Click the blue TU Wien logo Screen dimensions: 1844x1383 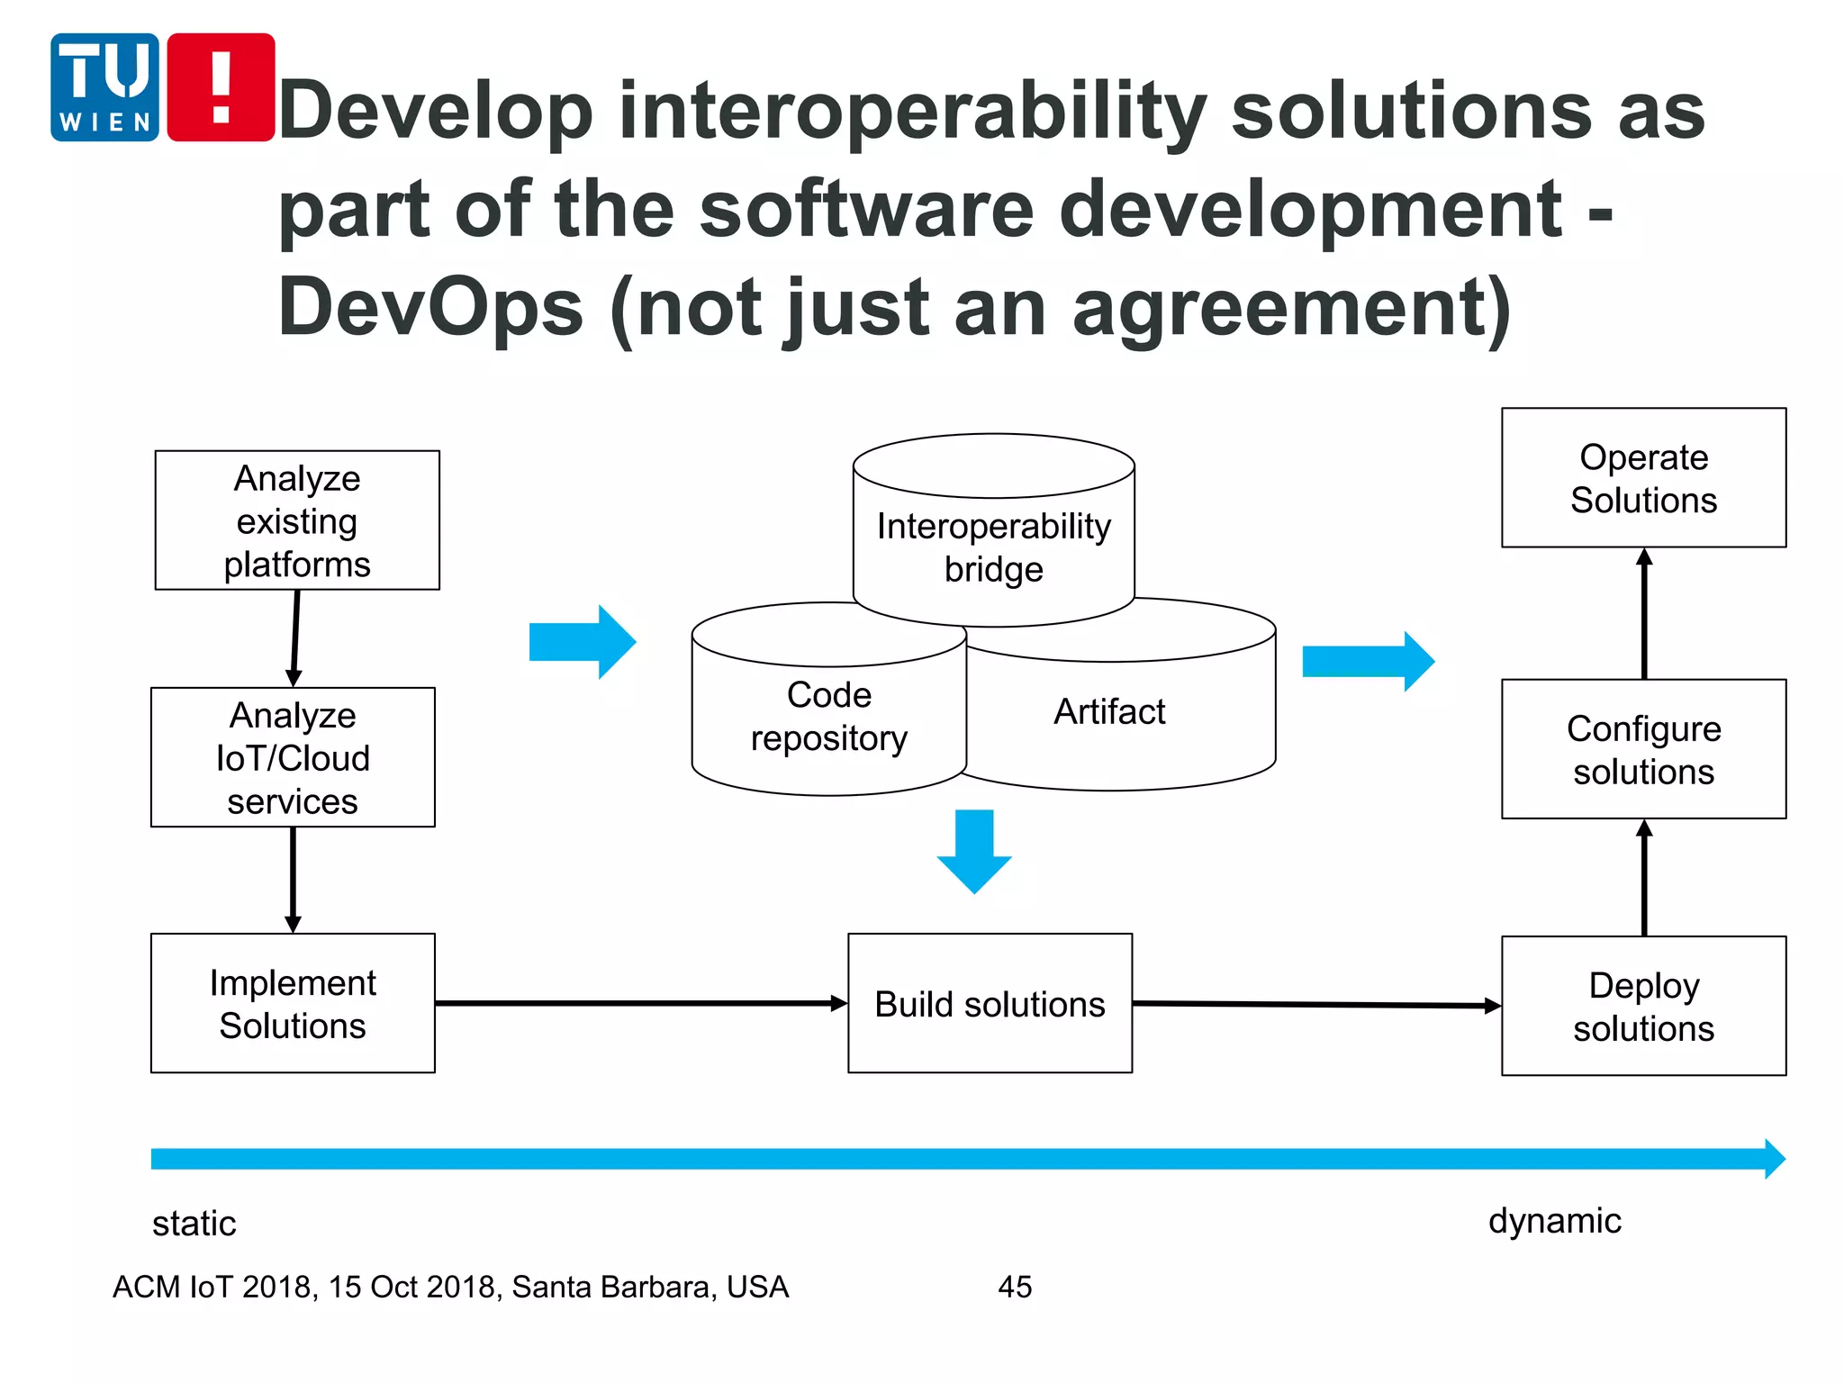(x=104, y=87)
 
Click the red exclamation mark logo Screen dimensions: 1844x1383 (x=221, y=87)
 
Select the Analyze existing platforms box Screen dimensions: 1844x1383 (x=297, y=520)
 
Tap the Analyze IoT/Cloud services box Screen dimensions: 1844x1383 (x=293, y=757)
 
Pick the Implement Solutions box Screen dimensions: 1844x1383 (x=293, y=1003)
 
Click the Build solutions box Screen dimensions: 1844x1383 (x=990, y=1003)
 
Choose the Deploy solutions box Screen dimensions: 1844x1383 (x=1643, y=1006)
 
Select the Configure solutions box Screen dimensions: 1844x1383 (x=1643, y=749)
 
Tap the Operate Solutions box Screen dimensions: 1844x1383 (x=1643, y=478)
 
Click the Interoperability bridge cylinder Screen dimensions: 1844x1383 (x=993, y=547)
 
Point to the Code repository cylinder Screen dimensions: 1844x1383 (x=828, y=716)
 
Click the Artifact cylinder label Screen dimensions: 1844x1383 (x=1109, y=711)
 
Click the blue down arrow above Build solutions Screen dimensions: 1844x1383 (x=974, y=850)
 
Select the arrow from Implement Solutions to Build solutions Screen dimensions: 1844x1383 (x=640, y=1003)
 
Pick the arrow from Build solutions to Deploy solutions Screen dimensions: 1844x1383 (x=1315, y=1004)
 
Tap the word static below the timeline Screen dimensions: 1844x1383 (x=194, y=1224)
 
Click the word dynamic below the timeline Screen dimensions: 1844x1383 (x=1554, y=1221)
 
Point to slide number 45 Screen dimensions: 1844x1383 (x=1015, y=1287)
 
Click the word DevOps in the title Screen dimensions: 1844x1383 (x=430, y=307)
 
